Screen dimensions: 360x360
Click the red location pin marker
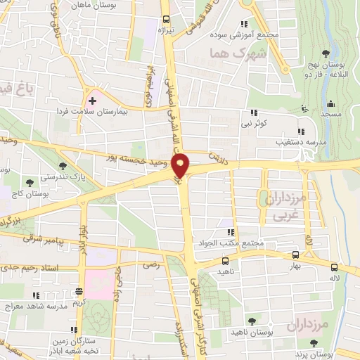pyautogui.click(x=181, y=165)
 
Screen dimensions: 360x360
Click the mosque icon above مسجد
pyautogui.click(x=304, y=108)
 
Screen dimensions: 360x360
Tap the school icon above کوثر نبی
pyautogui.click(x=252, y=112)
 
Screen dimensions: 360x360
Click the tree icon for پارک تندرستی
pyautogui.click(x=64, y=166)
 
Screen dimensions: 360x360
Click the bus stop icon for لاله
pyautogui.click(x=334, y=266)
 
